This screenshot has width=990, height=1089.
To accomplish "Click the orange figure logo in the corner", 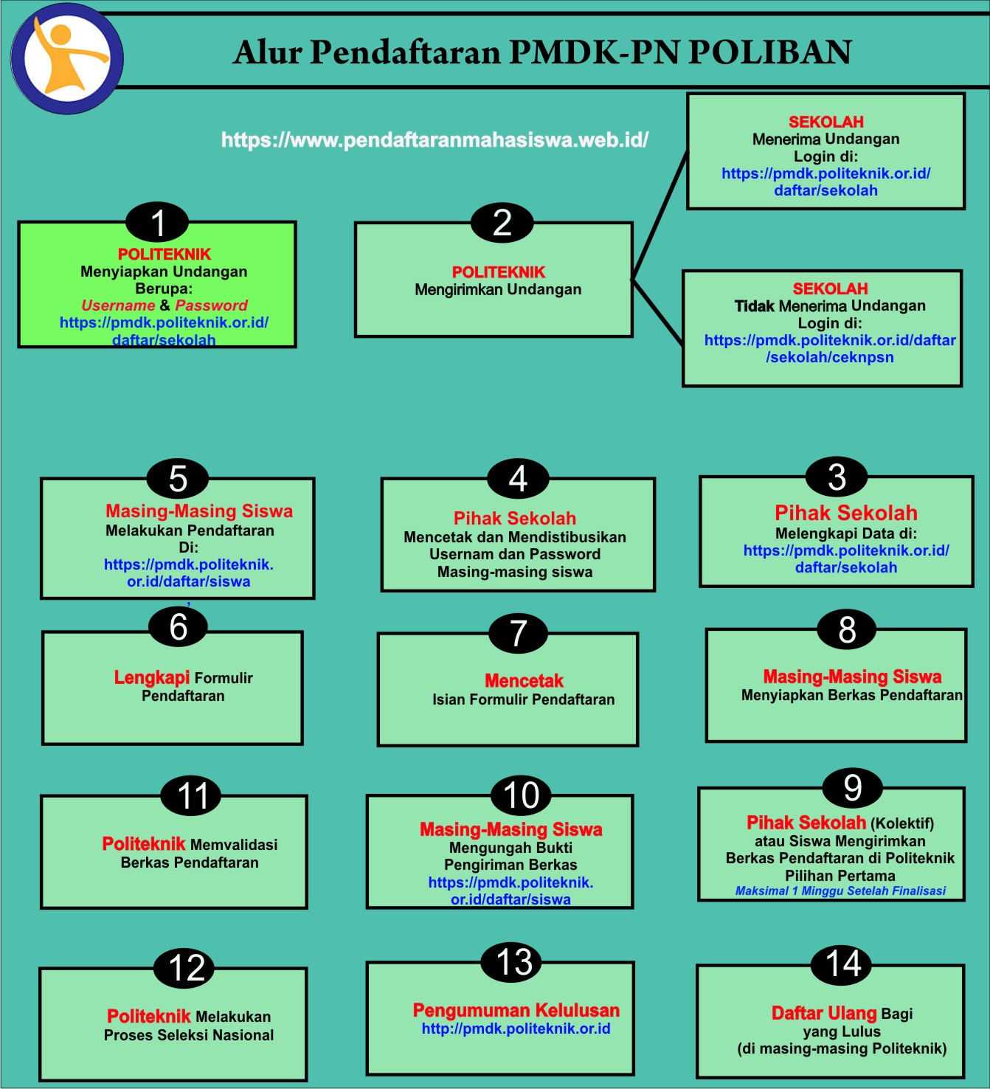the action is (x=68, y=59).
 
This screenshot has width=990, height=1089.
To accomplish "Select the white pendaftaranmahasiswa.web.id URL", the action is (x=435, y=139).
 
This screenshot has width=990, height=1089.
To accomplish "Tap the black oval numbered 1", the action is (x=157, y=222).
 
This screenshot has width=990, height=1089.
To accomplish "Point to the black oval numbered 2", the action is (x=502, y=222).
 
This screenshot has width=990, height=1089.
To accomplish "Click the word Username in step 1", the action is (x=118, y=305).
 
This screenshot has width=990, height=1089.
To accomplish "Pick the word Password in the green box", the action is (x=211, y=305).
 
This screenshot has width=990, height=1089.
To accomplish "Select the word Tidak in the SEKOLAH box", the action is (x=755, y=306).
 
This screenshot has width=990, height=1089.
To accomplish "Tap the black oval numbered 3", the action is (x=837, y=477).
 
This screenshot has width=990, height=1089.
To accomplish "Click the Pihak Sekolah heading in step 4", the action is (x=515, y=518).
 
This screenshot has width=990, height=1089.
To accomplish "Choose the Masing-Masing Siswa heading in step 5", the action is (x=199, y=511).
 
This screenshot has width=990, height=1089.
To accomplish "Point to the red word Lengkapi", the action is (x=152, y=677).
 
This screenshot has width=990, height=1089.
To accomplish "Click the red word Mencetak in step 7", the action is (x=524, y=680).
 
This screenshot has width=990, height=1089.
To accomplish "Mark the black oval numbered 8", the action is (x=847, y=629).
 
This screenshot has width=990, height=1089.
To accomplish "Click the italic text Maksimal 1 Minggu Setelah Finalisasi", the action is (x=840, y=891).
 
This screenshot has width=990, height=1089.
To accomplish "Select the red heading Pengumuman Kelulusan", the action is (x=516, y=1010).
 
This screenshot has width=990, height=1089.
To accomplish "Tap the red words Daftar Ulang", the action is (x=824, y=1013).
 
